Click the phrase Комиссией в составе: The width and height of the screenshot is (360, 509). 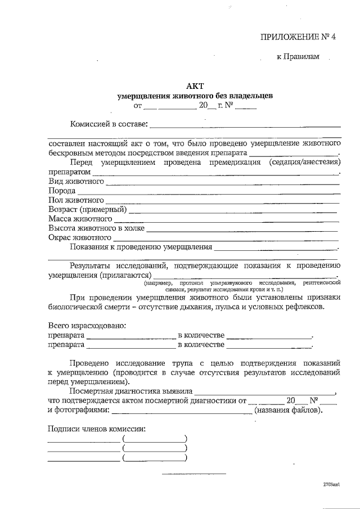[x=109, y=123]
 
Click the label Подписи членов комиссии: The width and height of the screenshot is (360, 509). [x=97, y=429]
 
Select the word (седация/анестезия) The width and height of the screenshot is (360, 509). [x=303, y=162]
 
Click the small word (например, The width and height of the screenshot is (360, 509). [x=157, y=282]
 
